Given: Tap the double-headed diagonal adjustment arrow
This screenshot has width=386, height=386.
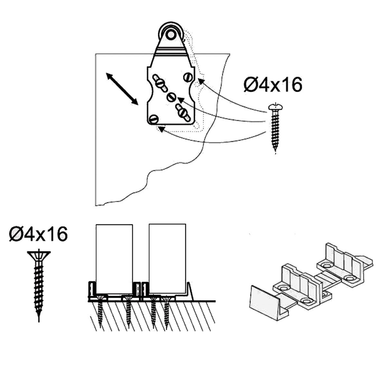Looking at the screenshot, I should coord(122,89).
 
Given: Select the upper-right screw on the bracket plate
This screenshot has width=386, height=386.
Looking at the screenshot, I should coord(188,77).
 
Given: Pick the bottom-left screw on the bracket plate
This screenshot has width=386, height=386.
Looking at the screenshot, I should coord(154,120).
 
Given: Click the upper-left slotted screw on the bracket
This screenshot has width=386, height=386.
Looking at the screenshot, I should coord(160,82).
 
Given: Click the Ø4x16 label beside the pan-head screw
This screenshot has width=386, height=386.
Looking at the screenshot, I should coord(273,85).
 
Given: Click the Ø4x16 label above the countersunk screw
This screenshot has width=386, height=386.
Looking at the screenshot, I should coord(38,234).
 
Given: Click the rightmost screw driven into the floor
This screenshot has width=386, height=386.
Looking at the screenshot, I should coord(166,310).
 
